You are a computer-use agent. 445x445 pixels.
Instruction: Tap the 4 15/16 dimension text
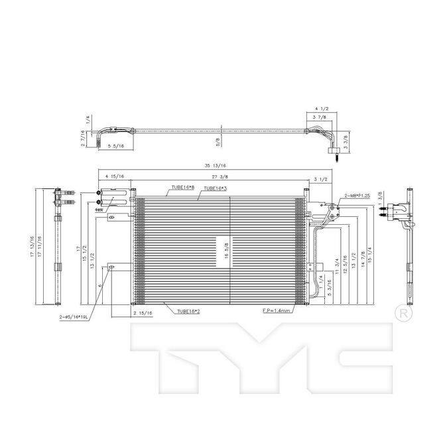(115, 176)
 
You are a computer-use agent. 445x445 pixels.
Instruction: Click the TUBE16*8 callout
(182, 188)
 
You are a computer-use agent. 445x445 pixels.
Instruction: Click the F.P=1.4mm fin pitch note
(277, 310)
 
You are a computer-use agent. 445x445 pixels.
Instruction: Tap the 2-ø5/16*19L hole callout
(72, 317)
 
